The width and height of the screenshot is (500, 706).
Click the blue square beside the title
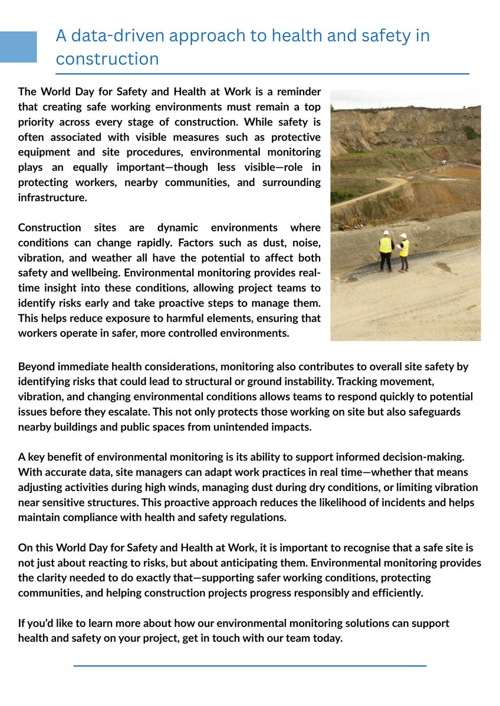[18, 47]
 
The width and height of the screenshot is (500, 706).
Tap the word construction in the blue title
[107, 59]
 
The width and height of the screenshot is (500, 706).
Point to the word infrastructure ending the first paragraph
[52, 198]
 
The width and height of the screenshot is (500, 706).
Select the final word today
[328, 638]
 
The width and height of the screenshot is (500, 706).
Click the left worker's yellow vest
[385, 246]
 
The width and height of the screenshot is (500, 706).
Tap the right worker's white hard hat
[403, 236]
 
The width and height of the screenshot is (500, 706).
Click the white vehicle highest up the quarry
[443, 161]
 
